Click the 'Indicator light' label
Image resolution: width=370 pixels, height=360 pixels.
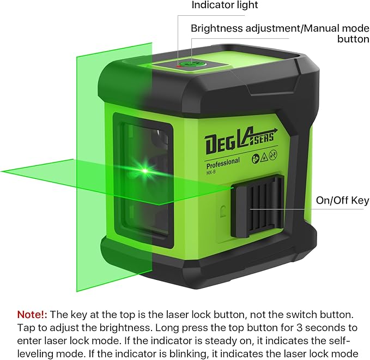(225, 5)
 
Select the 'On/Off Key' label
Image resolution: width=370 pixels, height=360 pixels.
(342, 200)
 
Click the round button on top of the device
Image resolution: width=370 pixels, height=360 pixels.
(189, 64)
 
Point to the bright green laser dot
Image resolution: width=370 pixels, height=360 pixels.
(145, 171)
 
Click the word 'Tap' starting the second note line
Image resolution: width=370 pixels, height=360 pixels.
(25, 328)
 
